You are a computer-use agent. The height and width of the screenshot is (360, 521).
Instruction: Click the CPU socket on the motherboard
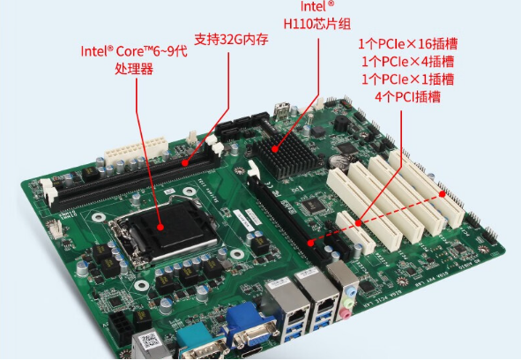(164, 234)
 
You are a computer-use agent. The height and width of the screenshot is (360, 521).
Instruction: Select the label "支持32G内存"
(230, 40)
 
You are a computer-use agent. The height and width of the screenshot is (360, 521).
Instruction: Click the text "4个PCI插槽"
(407, 96)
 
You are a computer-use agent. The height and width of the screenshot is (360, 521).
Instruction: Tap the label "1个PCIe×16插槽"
(407, 43)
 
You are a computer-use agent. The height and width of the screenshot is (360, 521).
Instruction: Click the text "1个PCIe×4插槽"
(407, 61)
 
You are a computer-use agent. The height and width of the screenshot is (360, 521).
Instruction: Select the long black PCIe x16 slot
(282, 212)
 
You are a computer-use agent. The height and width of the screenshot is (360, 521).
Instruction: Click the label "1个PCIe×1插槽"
(407, 79)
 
